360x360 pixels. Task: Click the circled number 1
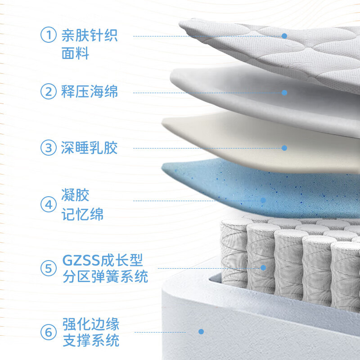pyautogui.click(x=49, y=35)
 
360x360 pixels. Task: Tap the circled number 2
pyautogui.click(x=49, y=91)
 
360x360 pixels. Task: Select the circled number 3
pyautogui.click(x=49, y=148)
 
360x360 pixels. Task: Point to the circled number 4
pyautogui.click(x=49, y=204)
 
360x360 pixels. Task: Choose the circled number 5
pyautogui.click(x=49, y=268)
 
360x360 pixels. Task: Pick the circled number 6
pyautogui.click(x=49, y=332)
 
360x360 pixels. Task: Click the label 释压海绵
pyautogui.click(x=89, y=91)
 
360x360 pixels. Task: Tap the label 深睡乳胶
pyautogui.click(x=89, y=148)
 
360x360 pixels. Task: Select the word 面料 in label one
pyautogui.click(x=75, y=53)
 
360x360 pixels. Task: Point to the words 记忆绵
pyautogui.click(x=82, y=214)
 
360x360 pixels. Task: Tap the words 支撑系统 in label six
pyautogui.click(x=91, y=340)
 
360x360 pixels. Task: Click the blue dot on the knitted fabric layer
pyautogui.click(x=284, y=36)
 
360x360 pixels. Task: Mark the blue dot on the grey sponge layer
pyautogui.click(x=284, y=93)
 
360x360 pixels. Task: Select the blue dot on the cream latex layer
pyautogui.click(x=284, y=148)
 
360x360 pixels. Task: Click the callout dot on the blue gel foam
pyautogui.click(x=263, y=200)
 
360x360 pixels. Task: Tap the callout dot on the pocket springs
pyautogui.click(x=263, y=268)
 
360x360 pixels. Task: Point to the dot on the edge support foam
pyautogui.click(x=201, y=332)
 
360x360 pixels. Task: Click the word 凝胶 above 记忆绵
pyautogui.click(x=75, y=195)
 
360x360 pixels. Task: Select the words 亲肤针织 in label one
pyautogui.click(x=89, y=35)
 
